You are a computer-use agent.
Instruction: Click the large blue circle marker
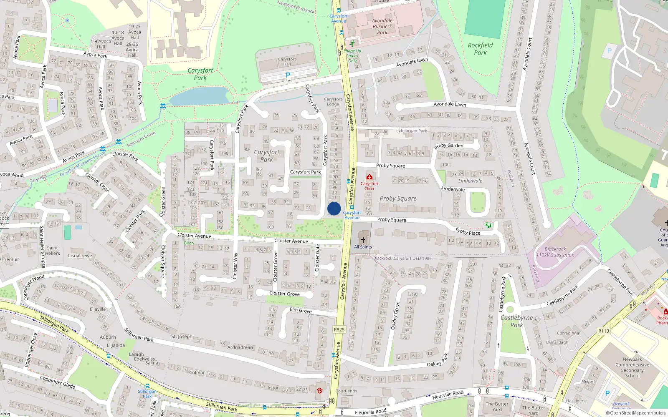[x=334, y=208]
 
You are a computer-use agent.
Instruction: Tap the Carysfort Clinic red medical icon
[x=369, y=177]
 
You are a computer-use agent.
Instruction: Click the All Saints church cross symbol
[x=363, y=240]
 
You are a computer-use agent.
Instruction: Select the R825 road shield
[x=339, y=329]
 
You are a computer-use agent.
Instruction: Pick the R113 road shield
[x=604, y=331]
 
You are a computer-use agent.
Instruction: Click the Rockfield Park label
[x=480, y=49]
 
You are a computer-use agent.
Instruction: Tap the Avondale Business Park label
[x=382, y=26]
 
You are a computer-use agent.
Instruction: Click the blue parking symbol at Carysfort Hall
[x=288, y=75]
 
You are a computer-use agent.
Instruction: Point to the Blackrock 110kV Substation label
[x=555, y=252]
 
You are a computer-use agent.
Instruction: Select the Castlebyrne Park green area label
[x=516, y=321]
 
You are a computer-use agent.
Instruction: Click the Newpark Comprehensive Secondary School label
[x=632, y=367]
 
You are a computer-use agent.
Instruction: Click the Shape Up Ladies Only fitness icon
[x=352, y=43]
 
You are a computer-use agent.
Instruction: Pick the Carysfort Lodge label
[x=333, y=102]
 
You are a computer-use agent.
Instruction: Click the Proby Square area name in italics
[x=398, y=198]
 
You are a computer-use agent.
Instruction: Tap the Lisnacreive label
[x=80, y=256]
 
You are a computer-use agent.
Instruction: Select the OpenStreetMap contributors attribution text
[x=635, y=413]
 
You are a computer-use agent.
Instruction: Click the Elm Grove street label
[x=301, y=310]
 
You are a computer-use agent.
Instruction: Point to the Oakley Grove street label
[x=395, y=316]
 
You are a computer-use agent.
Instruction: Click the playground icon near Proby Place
[x=488, y=225]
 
